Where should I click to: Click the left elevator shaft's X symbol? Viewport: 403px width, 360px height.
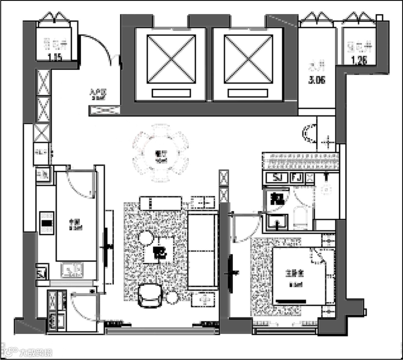(x=171, y=59)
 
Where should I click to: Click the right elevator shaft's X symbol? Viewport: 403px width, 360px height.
(x=248, y=59)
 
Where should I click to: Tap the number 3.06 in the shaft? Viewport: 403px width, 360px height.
(x=316, y=80)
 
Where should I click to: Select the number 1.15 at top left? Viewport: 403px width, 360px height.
(x=55, y=57)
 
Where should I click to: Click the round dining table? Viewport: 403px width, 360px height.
(x=161, y=153)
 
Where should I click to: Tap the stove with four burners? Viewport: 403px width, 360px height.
(x=47, y=223)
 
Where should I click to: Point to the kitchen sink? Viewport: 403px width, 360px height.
(x=72, y=270)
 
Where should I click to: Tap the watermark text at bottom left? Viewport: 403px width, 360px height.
(x=35, y=352)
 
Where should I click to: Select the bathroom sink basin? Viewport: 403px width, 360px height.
(x=278, y=223)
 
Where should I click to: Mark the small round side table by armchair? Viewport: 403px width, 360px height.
(x=172, y=298)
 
